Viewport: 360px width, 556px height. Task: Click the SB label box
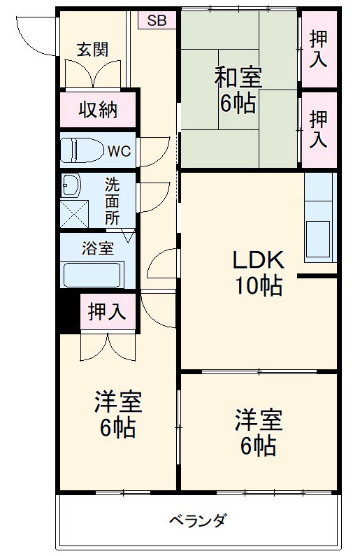(x=157, y=20)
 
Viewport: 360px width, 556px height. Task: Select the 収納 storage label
(x=97, y=110)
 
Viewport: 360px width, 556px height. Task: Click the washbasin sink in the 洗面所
(x=71, y=186)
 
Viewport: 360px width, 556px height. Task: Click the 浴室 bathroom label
(x=97, y=248)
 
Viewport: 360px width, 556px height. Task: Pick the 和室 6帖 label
(x=238, y=90)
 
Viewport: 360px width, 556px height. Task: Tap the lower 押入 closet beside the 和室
(x=318, y=129)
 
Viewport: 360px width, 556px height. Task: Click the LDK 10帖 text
(x=258, y=272)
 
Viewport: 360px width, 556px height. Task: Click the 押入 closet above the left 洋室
(x=107, y=312)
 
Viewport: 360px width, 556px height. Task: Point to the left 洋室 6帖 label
(x=118, y=414)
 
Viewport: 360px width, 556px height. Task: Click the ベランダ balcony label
(x=198, y=521)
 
